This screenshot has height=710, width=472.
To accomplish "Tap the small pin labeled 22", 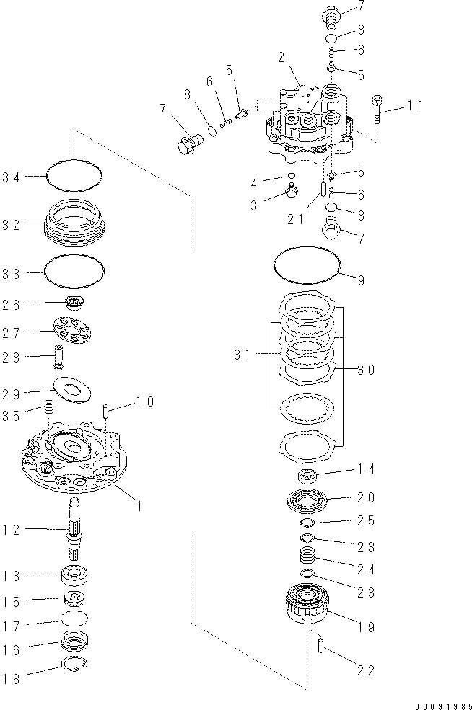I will [318, 645].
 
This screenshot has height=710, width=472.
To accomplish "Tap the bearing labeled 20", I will [309, 499].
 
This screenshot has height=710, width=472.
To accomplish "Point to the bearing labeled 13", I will [75, 577].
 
